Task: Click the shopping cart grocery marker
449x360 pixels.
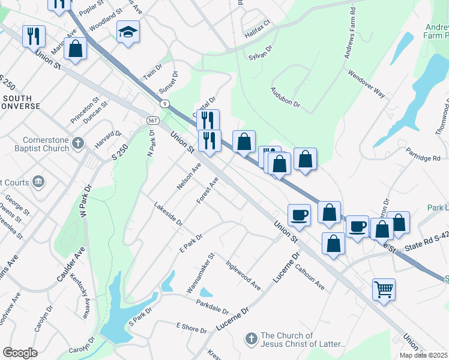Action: [x=384, y=290]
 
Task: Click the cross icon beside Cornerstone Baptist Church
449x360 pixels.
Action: [x=77, y=143]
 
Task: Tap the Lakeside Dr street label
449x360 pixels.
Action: [x=168, y=214]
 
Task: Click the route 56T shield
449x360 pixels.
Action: [x=152, y=121]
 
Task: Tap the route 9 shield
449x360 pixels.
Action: [x=164, y=104]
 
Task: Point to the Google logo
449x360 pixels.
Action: [x=20, y=352]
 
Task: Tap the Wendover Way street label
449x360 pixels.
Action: [x=366, y=83]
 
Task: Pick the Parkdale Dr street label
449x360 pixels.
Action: [x=212, y=307]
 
